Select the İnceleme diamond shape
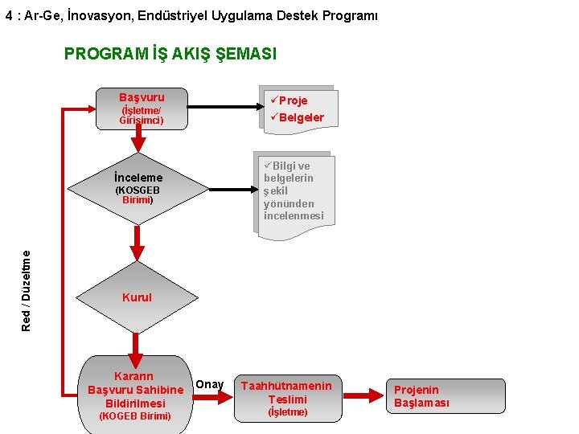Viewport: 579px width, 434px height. pos(138,190)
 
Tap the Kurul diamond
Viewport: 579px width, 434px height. pos(137,297)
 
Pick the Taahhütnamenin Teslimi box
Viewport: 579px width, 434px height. pos(287,398)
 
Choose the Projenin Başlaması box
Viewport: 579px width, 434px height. pos(422,396)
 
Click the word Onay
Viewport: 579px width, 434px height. pos(210,384)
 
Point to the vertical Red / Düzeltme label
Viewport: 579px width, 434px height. pos(27,290)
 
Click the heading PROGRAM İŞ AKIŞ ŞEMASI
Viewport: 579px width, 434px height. pos(170,54)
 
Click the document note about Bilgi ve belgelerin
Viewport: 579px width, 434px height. pos(294,191)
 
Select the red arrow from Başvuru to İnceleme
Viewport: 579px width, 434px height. pos(138,139)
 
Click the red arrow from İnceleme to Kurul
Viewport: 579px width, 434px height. pos(138,242)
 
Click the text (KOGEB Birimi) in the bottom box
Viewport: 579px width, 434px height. pos(134,416)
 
